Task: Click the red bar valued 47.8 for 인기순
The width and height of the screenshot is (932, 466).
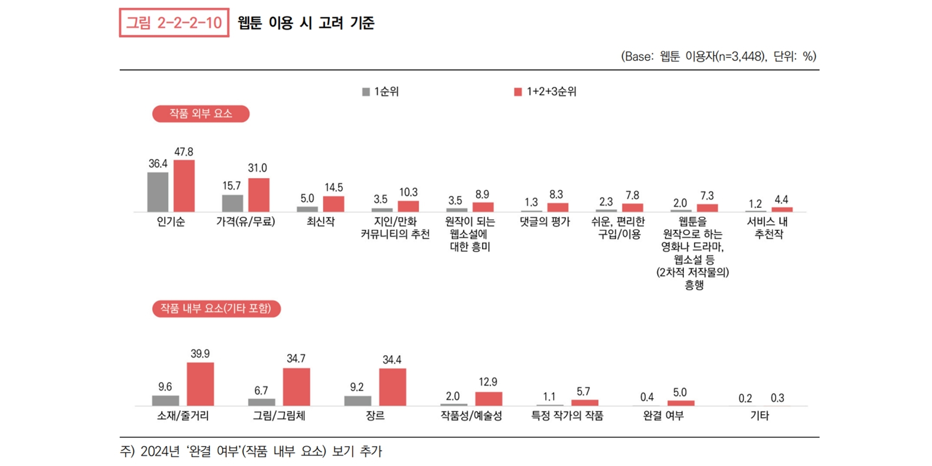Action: click(x=184, y=186)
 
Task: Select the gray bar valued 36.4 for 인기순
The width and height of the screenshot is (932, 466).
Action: click(x=158, y=192)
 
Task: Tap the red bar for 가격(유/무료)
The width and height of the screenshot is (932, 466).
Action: click(x=259, y=195)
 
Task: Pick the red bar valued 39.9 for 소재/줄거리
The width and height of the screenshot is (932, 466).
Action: click(x=200, y=384)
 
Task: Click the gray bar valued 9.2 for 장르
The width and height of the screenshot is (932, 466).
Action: click(x=358, y=400)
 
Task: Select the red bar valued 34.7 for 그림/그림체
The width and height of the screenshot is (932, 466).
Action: click(x=296, y=387)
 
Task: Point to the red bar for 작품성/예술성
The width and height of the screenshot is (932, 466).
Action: click(x=488, y=399)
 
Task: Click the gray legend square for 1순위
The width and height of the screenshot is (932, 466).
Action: click(x=366, y=92)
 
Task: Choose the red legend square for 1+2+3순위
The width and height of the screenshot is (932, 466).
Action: click(x=518, y=92)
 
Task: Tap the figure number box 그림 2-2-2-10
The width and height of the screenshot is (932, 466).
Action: click(x=174, y=22)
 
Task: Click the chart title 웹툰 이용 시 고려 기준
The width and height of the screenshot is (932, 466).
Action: click(x=306, y=23)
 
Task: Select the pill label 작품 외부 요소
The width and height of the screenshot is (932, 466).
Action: click(x=201, y=114)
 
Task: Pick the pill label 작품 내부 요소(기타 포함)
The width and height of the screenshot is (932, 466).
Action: click(x=216, y=309)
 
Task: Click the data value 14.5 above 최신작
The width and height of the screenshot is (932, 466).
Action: click(x=333, y=187)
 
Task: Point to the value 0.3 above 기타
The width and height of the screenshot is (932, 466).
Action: click(x=777, y=398)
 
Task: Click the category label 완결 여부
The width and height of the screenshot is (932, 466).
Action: click(x=663, y=416)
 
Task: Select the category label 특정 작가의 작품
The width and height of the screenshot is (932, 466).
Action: click(x=567, y=416)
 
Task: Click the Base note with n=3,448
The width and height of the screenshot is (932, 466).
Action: click(x=718, y=57)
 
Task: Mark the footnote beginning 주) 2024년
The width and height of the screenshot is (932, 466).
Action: click(x=251, y=451)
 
